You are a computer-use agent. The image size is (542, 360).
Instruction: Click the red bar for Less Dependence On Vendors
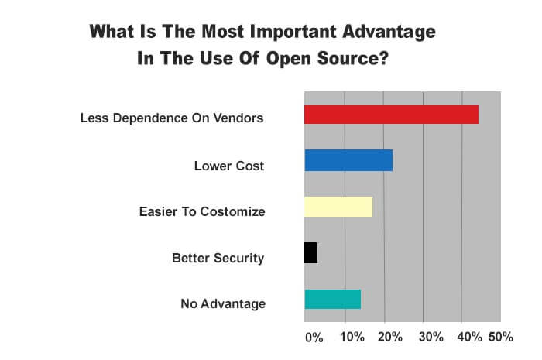(x=391, y=115)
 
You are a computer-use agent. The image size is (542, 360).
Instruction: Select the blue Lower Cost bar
(x=348, y=160)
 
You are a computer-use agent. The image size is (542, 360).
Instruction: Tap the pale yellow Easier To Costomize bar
(x=338, y=207)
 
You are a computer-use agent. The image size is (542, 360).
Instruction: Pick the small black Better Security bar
(x=310, y=253)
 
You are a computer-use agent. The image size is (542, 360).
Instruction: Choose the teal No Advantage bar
(x=332, y=299)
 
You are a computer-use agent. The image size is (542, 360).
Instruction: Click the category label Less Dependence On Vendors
(x=173, y=118)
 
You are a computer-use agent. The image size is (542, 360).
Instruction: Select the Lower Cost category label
(x=229, y=166)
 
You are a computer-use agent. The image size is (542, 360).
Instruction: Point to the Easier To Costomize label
(x=202, y=211)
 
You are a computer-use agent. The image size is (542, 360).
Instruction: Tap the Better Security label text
(x=218, y=258)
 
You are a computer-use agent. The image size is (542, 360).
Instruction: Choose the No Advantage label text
(x=222, y=303)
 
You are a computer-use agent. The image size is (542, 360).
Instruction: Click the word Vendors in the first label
(x=240, y=118)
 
